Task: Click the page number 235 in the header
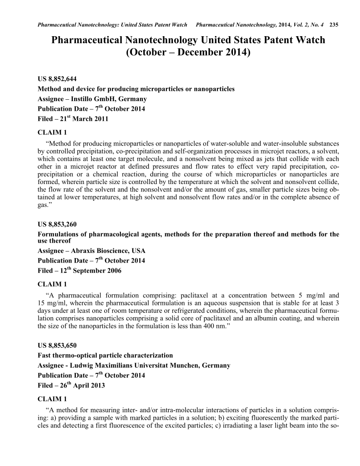tap(334, 24)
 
